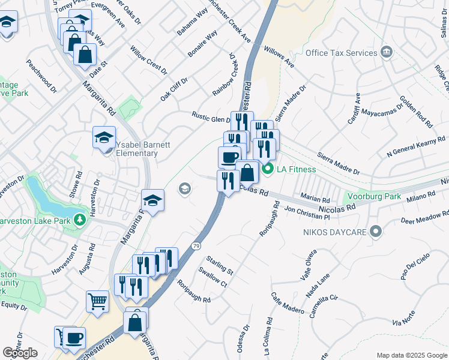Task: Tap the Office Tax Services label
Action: tap(341, 53)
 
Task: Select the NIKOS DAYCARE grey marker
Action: tap(376, 230)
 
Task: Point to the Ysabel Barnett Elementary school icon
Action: tap(104, 138)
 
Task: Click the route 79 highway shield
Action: tap(196, 246)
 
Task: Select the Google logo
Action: tap(20, 353)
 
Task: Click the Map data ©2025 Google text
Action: tap(411, 355)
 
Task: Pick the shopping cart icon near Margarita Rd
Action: tap(97, 301)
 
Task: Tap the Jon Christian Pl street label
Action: tap(307, 212)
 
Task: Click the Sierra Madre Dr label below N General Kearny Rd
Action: tap(338, 163)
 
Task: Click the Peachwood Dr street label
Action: tap(41, 76)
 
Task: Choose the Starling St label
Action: tap(219, 265)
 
